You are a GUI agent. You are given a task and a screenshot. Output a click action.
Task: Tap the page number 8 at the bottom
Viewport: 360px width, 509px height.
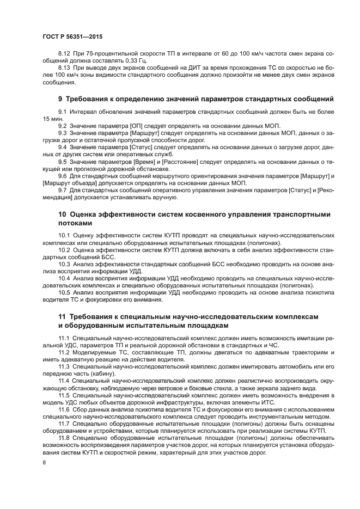click(45, 462)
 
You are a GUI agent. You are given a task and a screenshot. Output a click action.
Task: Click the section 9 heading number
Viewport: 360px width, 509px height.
click(60, 99)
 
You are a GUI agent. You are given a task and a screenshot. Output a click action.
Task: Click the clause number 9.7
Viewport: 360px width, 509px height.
click(63, 190)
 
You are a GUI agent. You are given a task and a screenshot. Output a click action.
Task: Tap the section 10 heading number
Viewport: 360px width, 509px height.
click(62, 214)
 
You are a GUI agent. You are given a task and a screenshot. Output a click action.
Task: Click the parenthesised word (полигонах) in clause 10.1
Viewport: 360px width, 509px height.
click(265, 242)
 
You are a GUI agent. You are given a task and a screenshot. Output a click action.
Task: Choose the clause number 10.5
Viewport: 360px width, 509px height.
click(65, 292)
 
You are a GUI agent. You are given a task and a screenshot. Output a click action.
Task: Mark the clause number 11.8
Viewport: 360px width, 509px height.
click(65, 438)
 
